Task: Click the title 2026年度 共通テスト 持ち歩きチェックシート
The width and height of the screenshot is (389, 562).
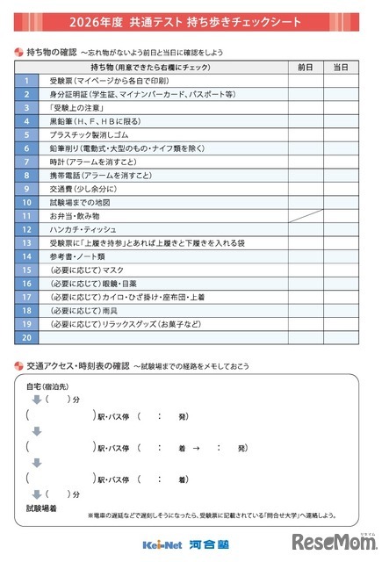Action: click(194, 20)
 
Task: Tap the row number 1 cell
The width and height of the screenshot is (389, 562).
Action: click(26, 81)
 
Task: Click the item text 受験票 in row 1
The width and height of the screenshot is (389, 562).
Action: click(62, 81)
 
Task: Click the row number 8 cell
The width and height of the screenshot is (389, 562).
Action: click(26, 175)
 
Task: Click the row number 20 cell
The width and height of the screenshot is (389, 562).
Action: click(26, 337)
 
